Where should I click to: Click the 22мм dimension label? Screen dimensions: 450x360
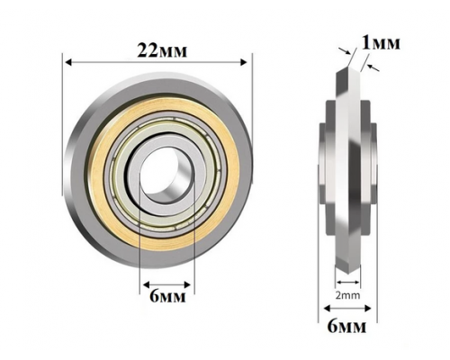[x=162, y=50]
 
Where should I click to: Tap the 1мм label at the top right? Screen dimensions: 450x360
[x=381, y=43]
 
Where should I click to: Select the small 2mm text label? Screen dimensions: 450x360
[x=347, y=295]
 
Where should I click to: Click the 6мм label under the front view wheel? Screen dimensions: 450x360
[x=167, y=295]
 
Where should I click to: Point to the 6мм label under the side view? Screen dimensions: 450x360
[x=346, y=326]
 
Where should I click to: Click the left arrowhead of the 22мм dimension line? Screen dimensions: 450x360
[x=68, y=62]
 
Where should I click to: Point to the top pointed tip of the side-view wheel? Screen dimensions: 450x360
[x=347, y=67]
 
